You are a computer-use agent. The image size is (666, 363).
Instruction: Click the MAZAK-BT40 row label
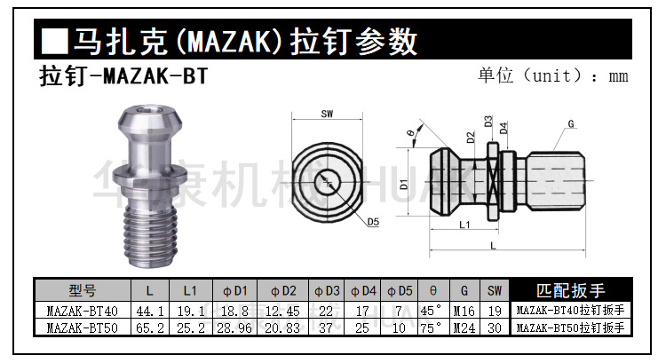coord(82,311)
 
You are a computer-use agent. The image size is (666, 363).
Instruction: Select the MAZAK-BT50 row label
coord(82,327)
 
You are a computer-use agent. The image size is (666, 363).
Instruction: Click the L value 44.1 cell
coord(149,311)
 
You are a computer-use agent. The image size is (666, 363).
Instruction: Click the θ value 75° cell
coord(432,327)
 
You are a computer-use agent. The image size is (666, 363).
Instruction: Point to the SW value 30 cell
coord(495,327)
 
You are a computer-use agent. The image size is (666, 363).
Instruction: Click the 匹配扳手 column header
coord(571,290)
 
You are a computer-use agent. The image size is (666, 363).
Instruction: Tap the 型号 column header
coord(82,290)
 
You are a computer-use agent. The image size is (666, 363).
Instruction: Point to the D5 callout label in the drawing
coord(372,222)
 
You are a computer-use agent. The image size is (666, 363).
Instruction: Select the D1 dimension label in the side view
coord(404,185)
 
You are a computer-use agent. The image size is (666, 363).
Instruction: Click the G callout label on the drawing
coord(570,123)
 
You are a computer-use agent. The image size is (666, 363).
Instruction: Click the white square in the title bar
coord(55,41)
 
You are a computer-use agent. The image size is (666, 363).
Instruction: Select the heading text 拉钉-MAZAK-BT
coord(123,75)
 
